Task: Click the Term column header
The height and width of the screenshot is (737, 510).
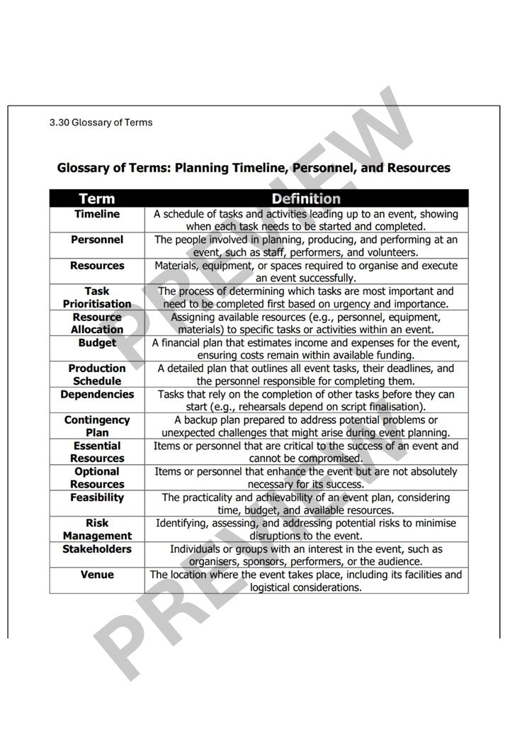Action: [97, 198]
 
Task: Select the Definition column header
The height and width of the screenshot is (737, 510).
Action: [306, 198]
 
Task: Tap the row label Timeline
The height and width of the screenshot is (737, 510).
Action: [97, 214]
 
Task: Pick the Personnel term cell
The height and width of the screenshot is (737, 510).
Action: [97, 240]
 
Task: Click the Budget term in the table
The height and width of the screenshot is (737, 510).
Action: [97, 343]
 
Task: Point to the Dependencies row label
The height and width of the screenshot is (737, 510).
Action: [97, 395]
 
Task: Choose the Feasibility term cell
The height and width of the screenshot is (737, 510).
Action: [97, 497]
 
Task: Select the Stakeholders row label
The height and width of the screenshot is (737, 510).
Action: [97, 549]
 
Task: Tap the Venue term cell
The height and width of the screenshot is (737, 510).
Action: [97, 575]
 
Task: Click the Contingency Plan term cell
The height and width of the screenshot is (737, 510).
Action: [97, 426]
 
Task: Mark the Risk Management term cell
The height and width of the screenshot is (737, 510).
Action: [97, 529]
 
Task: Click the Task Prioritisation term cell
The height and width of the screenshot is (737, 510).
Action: [97, 297]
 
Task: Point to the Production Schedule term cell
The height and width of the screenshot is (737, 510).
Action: [97, 374]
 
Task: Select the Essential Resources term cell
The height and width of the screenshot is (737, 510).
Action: [97, 452]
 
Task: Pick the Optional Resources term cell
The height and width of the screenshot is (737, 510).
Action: [97, 478]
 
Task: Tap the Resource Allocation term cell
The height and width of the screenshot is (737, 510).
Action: [97, 323]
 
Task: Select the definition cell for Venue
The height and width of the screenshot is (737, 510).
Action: [306, 581]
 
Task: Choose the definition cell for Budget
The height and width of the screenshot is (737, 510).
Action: [306, 349]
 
